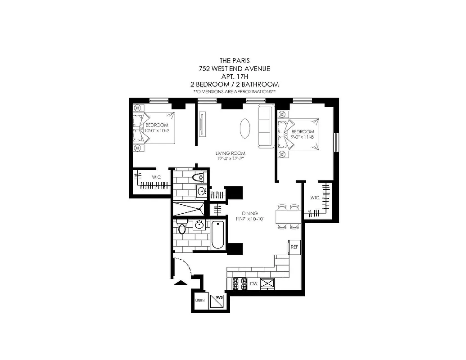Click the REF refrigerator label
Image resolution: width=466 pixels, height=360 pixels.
point(294,247)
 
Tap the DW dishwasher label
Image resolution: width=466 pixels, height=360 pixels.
point(253,283)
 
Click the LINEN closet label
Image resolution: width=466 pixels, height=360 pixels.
point(200,300)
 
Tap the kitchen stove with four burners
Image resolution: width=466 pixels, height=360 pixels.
point(239,283)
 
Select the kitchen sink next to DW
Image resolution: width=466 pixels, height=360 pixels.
point(268,283)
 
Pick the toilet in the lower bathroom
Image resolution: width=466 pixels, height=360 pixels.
point(181,229)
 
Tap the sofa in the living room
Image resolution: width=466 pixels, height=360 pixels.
point(265,127)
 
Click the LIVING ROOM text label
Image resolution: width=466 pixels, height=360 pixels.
point(230,153)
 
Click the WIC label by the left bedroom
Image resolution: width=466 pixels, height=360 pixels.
point(156,177)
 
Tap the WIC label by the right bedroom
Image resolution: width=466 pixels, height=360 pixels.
point(315,198)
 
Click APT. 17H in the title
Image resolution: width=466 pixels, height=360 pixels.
point(235,76)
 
